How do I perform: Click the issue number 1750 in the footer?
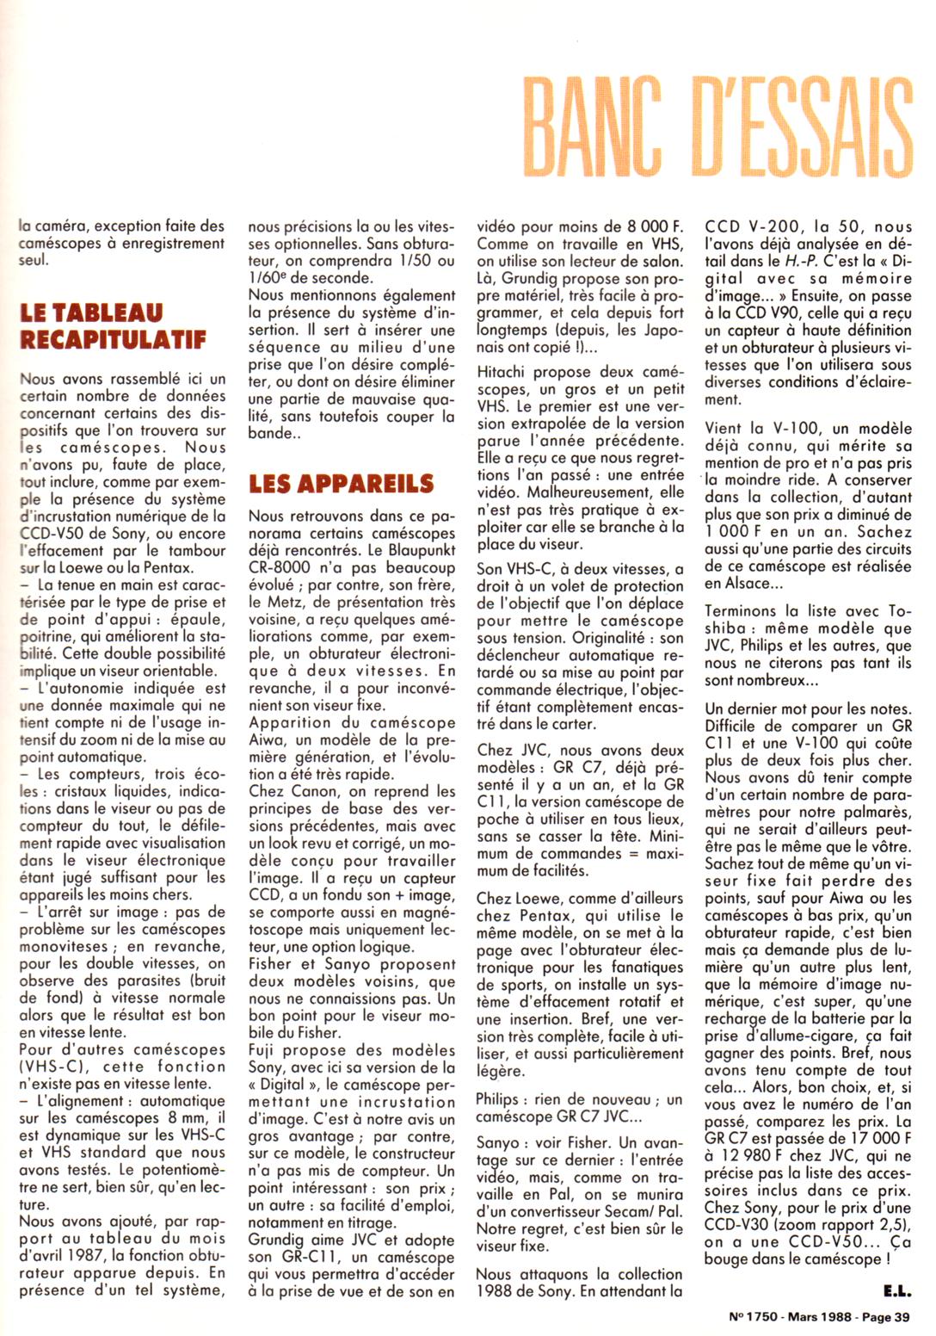coord(754,1316)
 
